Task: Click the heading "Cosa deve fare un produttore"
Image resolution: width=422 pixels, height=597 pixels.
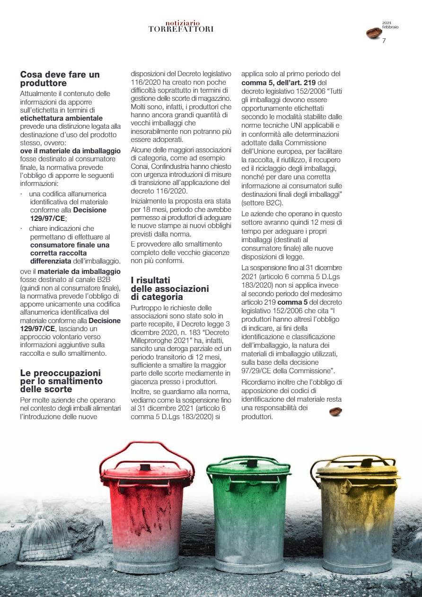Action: (60, 79)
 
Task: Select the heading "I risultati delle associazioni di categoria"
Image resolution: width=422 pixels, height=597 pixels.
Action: (169, 289)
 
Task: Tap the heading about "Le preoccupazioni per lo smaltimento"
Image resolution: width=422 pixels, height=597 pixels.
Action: (61, 381)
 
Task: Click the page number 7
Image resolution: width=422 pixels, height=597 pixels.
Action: (384, 40)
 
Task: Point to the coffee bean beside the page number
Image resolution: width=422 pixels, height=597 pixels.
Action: (373, 33)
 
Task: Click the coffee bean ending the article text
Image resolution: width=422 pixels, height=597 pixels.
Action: (335, 412)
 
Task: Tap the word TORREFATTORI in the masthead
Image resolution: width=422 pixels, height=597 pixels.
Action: (181, 29)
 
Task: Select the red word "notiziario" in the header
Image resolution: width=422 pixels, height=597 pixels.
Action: (183, 23)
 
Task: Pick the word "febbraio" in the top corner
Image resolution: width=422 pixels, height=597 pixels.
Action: (390, 27)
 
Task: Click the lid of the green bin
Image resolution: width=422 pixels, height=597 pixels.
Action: (249, 466)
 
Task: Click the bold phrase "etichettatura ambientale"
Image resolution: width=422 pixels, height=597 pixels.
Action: (61, 118)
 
